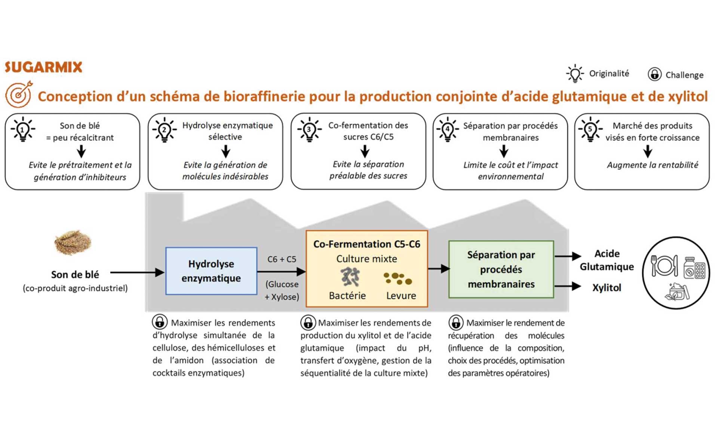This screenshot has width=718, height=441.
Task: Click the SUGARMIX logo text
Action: click(43, 67)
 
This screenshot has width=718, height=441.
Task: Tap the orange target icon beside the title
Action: click(19, 94)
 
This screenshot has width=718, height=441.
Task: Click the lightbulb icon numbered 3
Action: click(309, 129)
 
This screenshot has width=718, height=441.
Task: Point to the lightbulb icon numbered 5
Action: click(590, 129)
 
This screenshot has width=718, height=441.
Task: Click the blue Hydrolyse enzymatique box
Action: click(211, 271)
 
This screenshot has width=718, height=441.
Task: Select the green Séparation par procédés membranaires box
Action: click(501, 269)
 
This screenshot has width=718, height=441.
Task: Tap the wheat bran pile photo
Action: click(73, 242)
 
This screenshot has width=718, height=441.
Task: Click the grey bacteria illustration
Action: click(350, 277)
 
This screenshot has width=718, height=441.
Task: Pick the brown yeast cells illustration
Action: click(398, 278)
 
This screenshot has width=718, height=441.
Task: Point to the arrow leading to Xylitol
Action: click(568, 287)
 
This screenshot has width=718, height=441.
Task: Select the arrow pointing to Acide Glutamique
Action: click(568, 256)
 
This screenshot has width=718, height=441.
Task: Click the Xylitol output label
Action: click(607, 288)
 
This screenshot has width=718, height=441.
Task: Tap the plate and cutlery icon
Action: click(664, 266)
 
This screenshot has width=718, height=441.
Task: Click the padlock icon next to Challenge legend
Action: click(654, 74)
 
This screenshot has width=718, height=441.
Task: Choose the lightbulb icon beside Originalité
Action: click(575, 73)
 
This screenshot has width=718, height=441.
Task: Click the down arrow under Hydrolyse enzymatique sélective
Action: click(225, 151)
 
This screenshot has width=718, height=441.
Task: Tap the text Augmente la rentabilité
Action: click(652, 165)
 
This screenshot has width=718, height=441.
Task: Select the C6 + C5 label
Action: click(282, 259)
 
